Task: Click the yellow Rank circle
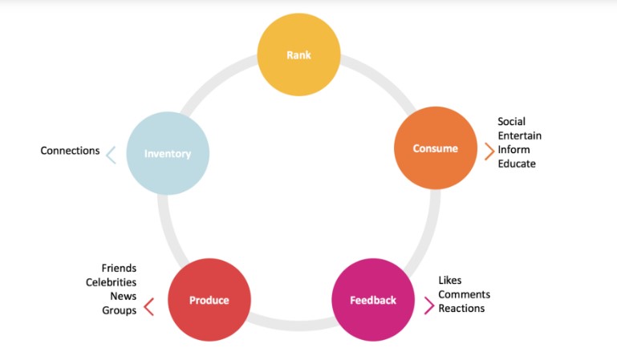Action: (x=298, y=55)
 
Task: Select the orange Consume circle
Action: (x=436, y=148)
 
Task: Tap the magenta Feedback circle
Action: (x=373, y=301)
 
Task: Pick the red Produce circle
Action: (x=209, y=301)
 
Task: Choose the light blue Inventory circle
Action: (x=168, y=153)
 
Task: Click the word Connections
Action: (x=71, y=151)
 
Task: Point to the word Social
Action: (x=511, y=122)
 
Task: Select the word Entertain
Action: (x=519, y=136)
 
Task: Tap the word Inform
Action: (x=513, y=150)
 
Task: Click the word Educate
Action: (x=516, y=164)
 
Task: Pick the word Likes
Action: (x=450, y=281)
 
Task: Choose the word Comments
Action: (x=464, y=294)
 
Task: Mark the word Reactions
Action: (x=461, y=308)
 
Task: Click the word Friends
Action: (x=119, y=268)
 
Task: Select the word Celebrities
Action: (x=111, y=282)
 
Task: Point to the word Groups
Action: (x=119, y=310)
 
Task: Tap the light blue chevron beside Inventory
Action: (x=112, y=155)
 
